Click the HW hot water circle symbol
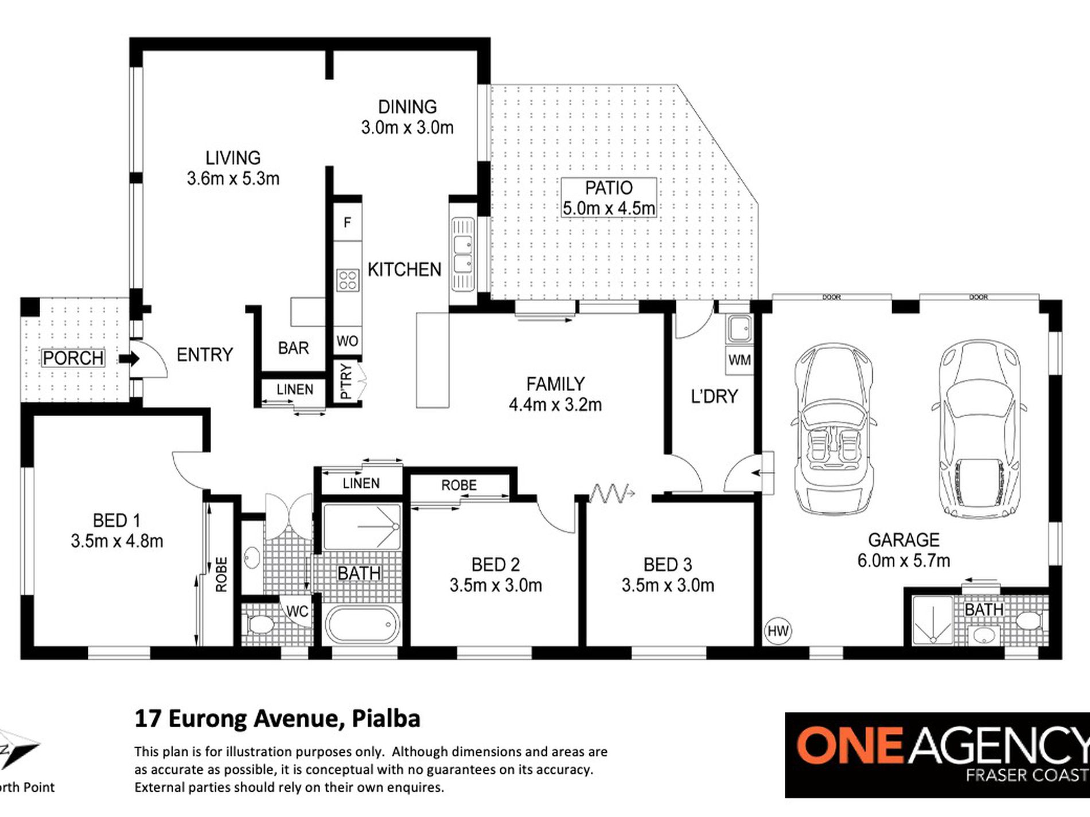(x=778, y=631)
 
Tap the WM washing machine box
(x=739, y=360)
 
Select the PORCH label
(x=73, y=358)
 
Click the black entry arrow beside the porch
(x=130, y=359)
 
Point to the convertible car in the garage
(x=834, y=430)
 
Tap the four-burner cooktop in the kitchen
(x=348, y=280)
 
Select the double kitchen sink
(x=462, y=254)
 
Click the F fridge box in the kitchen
(x=347, y=222)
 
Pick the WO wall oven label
(x=347, y=341)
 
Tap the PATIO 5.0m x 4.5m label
(x=608, y=198)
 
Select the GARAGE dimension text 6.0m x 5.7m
(x=904, y=560)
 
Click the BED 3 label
(x=667, y=565)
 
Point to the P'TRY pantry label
(x=345, y=381)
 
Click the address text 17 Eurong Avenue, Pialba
(x=277, y=718)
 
